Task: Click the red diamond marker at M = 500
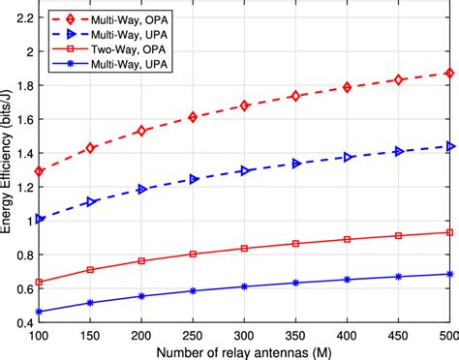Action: [x=448, y=73]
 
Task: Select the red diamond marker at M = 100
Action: [x=40, y=171]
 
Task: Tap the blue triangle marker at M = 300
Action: [x=244, y=170]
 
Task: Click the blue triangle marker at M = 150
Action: [x=91, y=202]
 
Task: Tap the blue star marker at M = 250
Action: [x=193, y=290]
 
